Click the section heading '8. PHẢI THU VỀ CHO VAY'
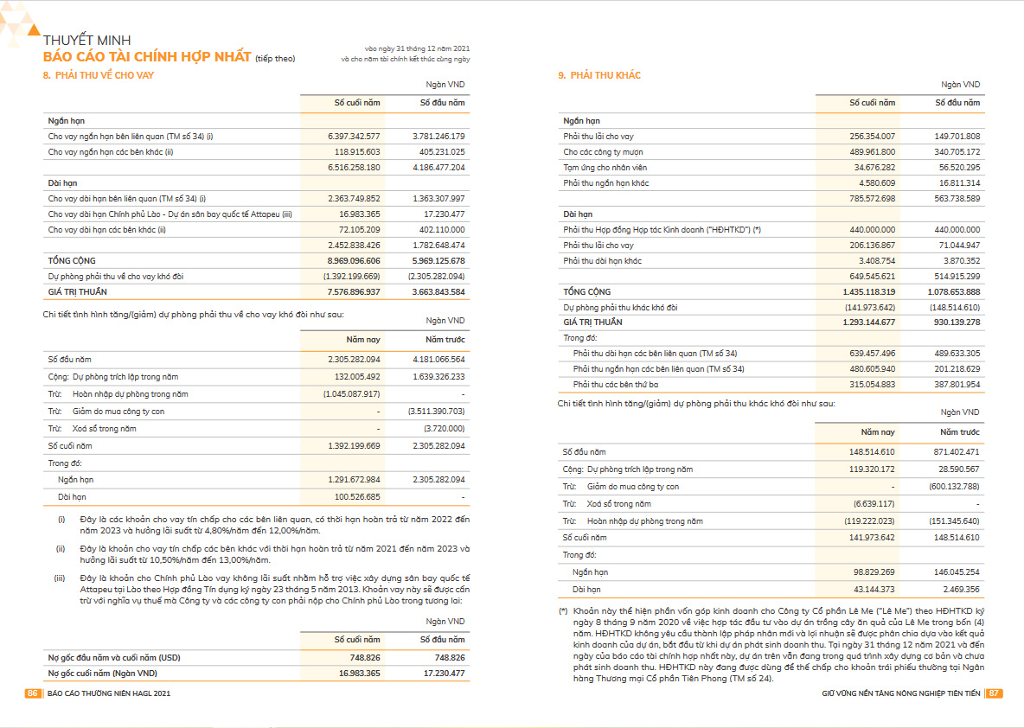(99, 76)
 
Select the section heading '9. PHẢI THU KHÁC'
(599, 76)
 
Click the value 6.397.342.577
(354, 137)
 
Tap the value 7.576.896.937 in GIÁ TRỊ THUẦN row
(354, 292)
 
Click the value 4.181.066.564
(439, 360)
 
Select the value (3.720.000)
(445, 429)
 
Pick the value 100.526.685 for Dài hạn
(355, 497)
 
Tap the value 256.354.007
(870, 137)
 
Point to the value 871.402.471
(955, 452)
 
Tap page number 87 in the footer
(994, 693)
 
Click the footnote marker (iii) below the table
(61, 577)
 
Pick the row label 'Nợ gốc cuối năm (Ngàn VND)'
(102, 673)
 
